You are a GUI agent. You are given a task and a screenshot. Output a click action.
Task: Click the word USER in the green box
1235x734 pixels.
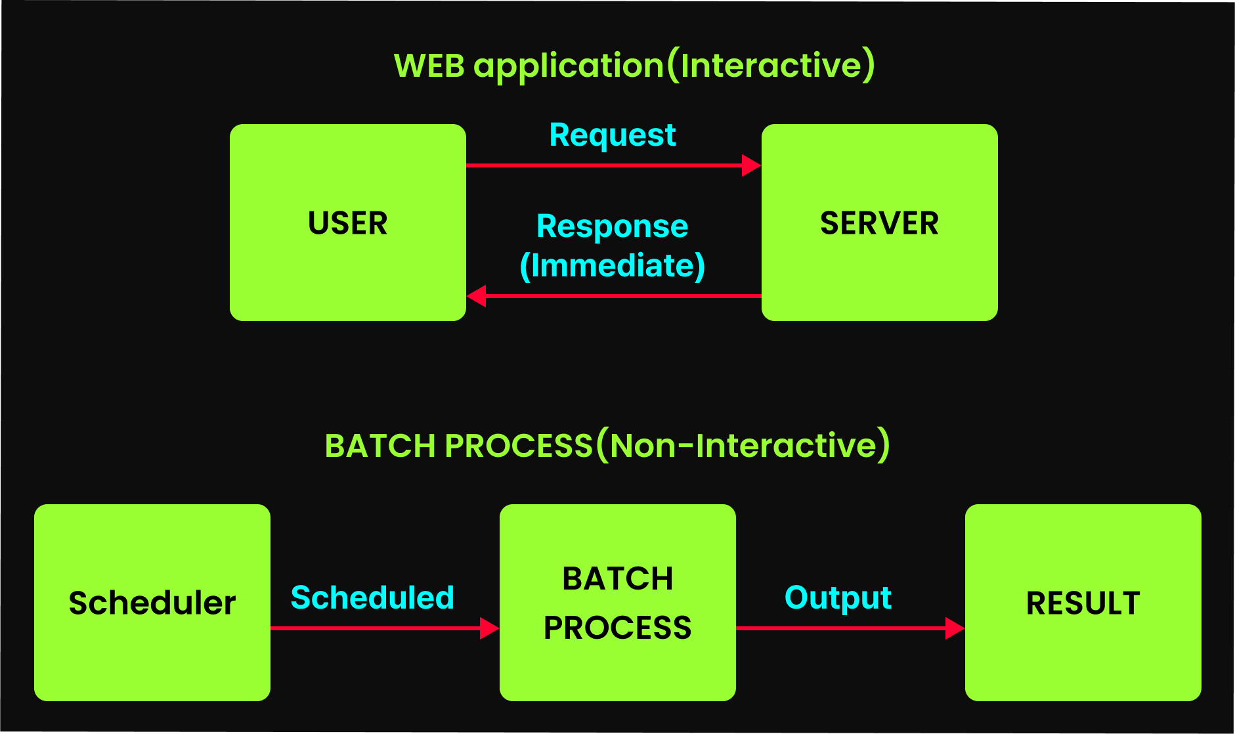coord(347,223)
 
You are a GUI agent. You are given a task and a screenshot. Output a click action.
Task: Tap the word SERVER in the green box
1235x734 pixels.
coord(879,223)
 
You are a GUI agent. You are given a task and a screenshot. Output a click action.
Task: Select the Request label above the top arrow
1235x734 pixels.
coord(613,136)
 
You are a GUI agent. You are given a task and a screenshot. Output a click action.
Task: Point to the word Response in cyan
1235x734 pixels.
coord(613,227)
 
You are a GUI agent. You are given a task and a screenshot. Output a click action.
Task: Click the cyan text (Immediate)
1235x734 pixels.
coord(613,266)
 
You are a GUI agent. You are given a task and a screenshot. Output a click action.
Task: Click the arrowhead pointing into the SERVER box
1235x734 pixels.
coord(751,165)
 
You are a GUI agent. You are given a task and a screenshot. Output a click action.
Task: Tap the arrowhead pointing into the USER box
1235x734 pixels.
coord(476,296)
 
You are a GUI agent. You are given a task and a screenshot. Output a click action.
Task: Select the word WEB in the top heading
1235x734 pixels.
coord(429,66)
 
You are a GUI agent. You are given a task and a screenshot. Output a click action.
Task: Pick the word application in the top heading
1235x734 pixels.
coord(569,67)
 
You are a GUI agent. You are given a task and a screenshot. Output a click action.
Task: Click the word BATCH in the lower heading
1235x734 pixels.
coord(380,446)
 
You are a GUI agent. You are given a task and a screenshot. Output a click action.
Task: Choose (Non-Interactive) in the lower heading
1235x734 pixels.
coord(743,445)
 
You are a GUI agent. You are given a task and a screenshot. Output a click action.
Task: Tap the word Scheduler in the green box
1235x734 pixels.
coord(152,603)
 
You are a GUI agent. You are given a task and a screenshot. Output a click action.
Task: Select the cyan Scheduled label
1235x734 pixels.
coord(372,597)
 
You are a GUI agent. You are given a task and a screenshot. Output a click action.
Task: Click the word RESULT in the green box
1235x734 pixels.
coord(1083,603)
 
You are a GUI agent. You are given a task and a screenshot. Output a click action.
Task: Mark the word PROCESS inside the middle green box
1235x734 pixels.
coord(617,628)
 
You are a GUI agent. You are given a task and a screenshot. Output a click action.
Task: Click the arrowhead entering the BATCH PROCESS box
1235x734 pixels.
coord(490,628)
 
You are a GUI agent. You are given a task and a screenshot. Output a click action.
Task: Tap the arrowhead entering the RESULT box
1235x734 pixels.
coord(955,628)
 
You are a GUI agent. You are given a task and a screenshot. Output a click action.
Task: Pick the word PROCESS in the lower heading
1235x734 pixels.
coord(519,446)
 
